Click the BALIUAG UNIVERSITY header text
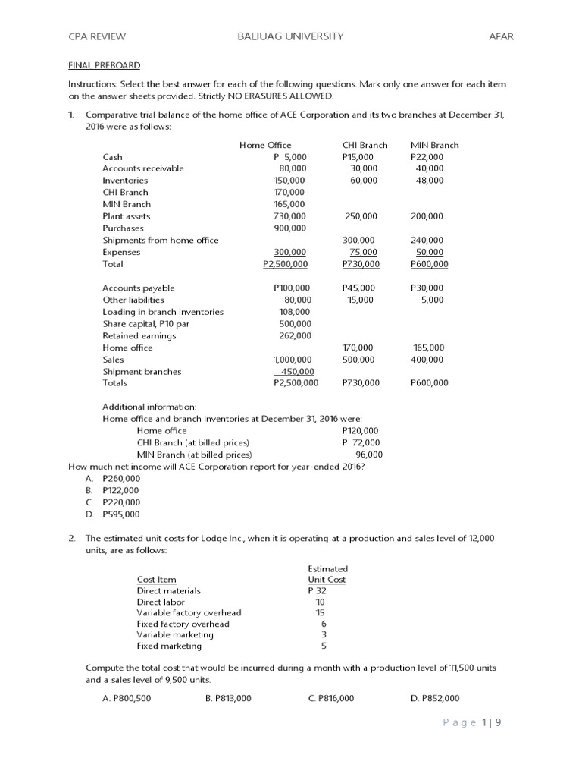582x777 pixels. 290,36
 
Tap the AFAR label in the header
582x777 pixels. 502,36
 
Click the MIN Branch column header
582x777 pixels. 434,145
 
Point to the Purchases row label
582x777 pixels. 123,228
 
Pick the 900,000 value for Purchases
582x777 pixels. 289,228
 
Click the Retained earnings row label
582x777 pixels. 139,335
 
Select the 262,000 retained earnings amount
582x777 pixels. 294,335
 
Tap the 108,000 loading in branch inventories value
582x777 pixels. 294,312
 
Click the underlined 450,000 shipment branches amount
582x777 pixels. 296,372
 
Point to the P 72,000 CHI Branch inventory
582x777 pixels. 361,442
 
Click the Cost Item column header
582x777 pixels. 156,580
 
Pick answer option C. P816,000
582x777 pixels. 331,699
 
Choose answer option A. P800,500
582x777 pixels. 127,699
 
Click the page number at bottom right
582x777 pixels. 472,722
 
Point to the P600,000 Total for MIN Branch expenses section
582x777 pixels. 429,264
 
